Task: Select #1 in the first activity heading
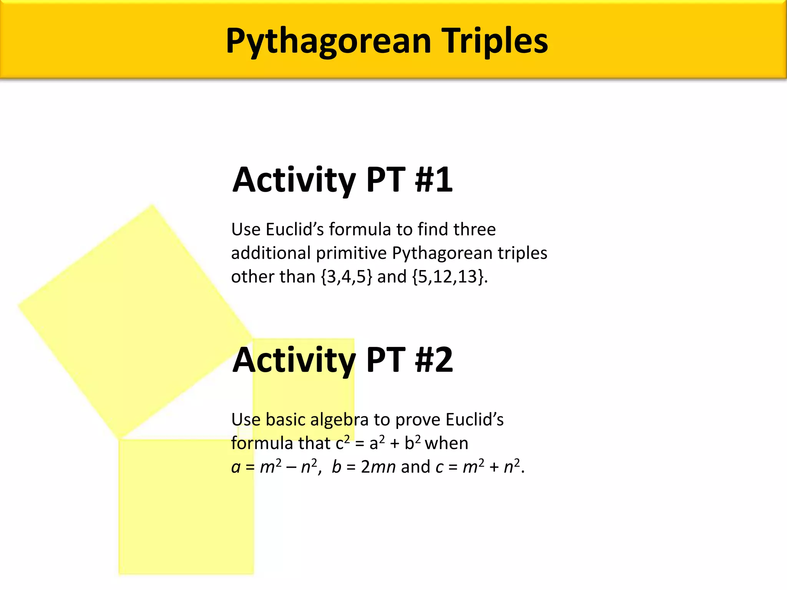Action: click(x=433, y=180)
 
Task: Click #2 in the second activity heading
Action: click(x=433, y=360)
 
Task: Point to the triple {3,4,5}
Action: click(x=347, y=277)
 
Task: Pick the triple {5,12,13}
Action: click(x=447, y=277)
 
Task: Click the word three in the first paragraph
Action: click(x=475, y=229)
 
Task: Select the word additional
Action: click(x=271, y=253)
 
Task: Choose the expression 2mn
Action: click(x=379, y=467)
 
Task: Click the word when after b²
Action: click(x=447, y=443)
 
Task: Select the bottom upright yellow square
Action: click(x=186, y=515)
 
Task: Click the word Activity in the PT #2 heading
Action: click(x=294, y=360)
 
